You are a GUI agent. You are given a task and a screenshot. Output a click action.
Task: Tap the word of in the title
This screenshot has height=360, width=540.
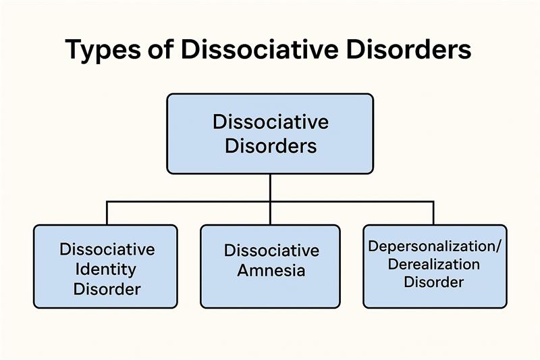(152, 51)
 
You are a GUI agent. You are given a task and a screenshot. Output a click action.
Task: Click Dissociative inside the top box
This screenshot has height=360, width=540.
(270, 123)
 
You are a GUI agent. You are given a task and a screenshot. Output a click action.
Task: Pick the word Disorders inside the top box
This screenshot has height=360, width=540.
(270, 145)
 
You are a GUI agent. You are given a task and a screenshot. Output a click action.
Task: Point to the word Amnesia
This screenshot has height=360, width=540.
(271, 271)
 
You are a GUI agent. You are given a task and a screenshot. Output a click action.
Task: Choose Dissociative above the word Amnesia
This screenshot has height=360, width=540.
(271, 250)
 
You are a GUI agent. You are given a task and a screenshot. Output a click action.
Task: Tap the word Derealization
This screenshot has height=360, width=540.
(433, 263)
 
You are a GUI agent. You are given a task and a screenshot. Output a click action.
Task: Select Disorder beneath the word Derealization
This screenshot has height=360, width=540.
(433, 281)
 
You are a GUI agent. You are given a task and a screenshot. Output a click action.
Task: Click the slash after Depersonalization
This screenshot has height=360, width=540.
(499, 246)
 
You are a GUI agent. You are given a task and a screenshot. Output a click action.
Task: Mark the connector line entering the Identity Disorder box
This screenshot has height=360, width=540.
(107, 214)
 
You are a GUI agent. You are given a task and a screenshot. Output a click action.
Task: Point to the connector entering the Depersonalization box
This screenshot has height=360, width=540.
(433, 214)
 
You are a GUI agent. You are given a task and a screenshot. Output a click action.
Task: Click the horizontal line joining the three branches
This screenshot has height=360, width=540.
(189, 201)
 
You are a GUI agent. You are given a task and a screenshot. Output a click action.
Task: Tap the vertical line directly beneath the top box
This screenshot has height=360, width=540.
(270, 187)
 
